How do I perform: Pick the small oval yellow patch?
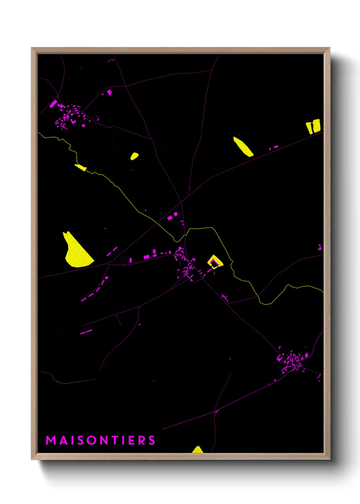click(x=134, y=156)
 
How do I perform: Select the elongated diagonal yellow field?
click(x=243, y=147)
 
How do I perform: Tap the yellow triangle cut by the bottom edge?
click(x=197, y=450)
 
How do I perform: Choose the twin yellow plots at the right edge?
click(x=313, y=126)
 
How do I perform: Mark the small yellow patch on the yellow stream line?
click(x=81, y=167)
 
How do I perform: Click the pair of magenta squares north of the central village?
click(x=173, y=216)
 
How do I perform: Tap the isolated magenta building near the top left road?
click(x=109, y=92)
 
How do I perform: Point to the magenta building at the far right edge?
click(x=320, y=247)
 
